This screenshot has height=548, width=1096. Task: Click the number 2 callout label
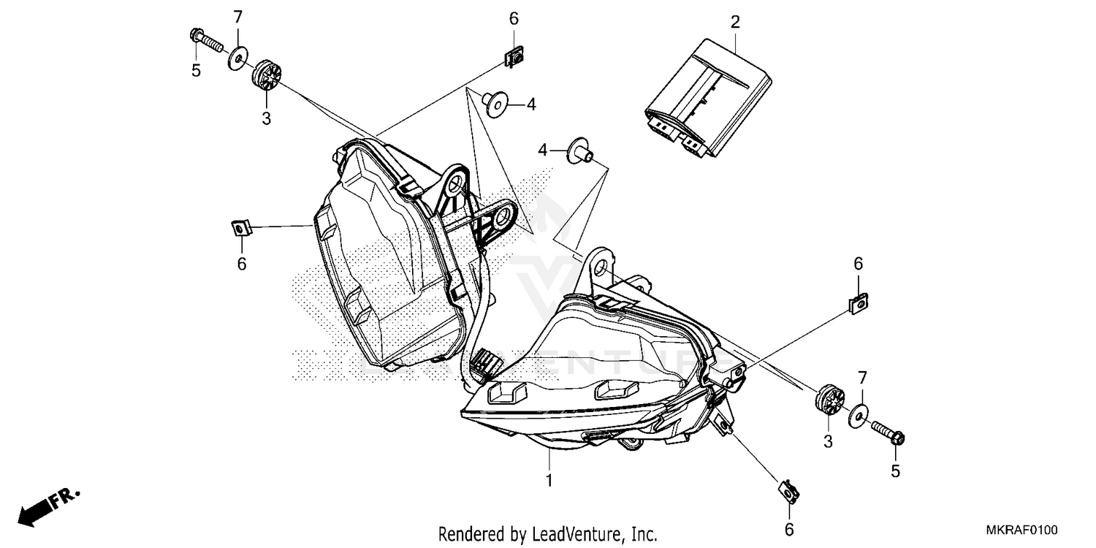tap(735, 22)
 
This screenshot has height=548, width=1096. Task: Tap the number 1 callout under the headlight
tap(549, 481)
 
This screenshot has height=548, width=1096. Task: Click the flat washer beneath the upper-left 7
tap(237, 58)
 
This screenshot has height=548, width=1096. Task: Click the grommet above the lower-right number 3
tap(829, 399)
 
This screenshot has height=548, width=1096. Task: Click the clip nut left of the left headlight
tap(239, 229)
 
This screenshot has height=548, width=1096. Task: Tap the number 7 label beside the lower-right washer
tap(862, 378)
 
